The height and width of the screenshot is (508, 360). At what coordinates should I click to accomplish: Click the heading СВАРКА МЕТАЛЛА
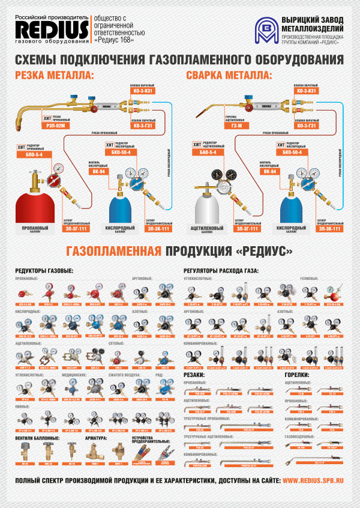pos(229,76)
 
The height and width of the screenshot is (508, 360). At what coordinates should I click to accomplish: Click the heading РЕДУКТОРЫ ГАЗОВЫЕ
pos(44,271)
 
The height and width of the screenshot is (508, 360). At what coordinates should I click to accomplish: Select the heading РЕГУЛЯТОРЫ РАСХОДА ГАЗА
pos(221,271)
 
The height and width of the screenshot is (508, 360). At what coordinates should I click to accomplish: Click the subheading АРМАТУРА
pos(95,438)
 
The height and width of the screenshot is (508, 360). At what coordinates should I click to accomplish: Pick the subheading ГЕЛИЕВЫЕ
pos(310,279)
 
